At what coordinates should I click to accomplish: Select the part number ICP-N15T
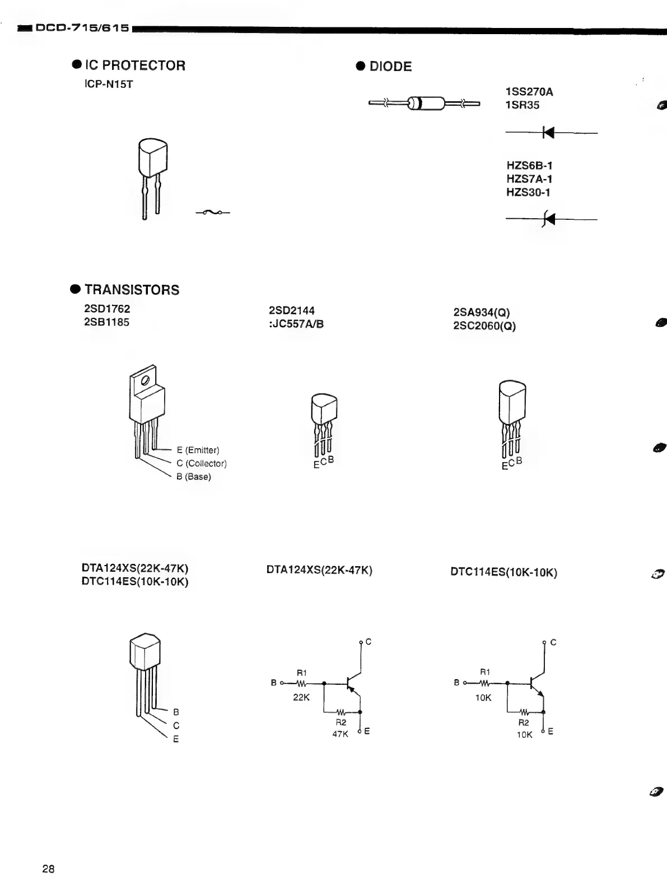pos(109,85)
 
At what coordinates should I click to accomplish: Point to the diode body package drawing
pos(425,103)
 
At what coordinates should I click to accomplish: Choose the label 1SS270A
pos(529,92)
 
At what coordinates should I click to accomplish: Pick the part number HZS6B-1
pos(529,166)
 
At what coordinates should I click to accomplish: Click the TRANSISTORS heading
pos(132,290)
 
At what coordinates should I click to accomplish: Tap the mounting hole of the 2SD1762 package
pos(145,380)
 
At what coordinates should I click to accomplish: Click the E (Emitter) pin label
pos(198,450)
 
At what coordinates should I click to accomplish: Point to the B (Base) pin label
pos(193,477)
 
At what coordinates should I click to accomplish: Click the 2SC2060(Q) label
pos(484,326)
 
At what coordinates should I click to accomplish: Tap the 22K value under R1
pos(301,698)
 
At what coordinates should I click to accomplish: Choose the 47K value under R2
pos(341,734)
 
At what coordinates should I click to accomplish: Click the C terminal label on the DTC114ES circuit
pos(553,642)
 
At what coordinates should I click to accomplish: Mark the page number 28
pos(48,869)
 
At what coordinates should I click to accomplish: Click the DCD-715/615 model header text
pos(82,27)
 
